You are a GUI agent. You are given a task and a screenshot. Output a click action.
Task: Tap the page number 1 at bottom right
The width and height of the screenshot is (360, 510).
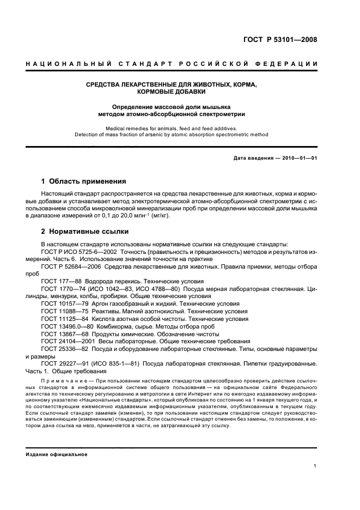[x=315, y=466]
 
